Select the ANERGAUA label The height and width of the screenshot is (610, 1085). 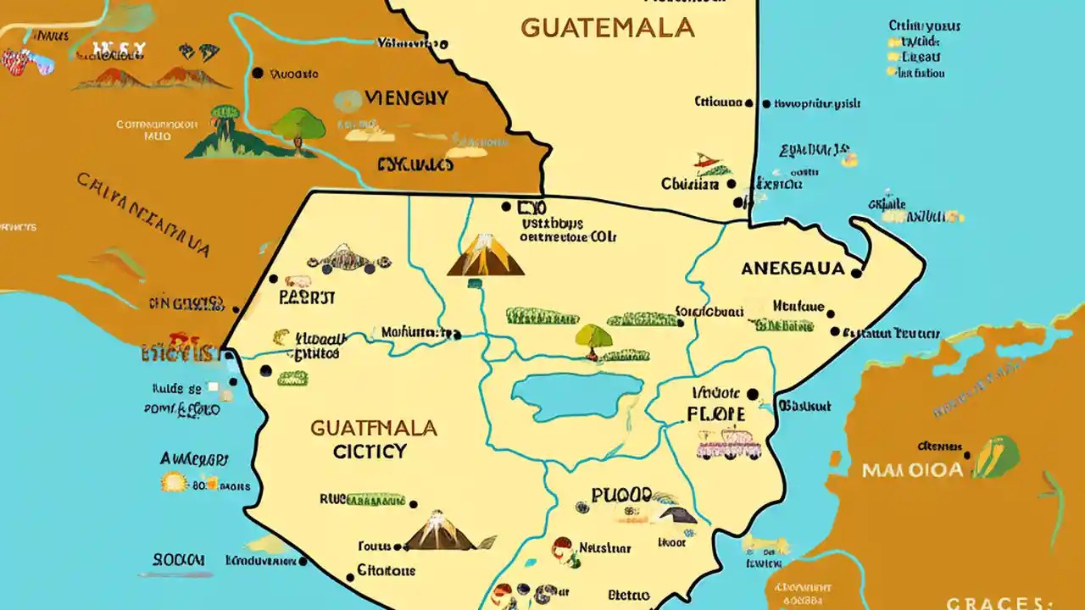coord(793,269)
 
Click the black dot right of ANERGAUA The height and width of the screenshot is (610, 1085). coord(856,273)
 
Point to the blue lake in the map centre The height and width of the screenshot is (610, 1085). coord(577,395)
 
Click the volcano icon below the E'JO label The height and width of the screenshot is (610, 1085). coord(486,255)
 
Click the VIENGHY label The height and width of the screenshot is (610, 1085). coord(406,98)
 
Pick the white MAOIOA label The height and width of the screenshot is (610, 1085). coord(912,469)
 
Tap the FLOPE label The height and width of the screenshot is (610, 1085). coord(716,414)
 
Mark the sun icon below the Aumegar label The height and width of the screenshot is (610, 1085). coord(173,483)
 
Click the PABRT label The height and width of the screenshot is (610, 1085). coord(306,298)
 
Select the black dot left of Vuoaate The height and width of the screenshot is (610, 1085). coord(258,74)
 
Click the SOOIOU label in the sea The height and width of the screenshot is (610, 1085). coord(179,560)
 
